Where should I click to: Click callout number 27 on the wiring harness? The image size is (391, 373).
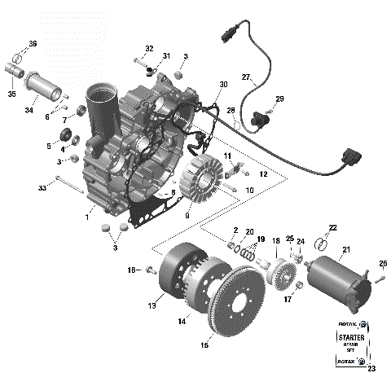[246, 77]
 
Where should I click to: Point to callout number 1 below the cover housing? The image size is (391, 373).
[86, 217]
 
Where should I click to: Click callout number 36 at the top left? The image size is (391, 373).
[33, 43]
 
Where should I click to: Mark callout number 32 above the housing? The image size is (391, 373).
[149, 49]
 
